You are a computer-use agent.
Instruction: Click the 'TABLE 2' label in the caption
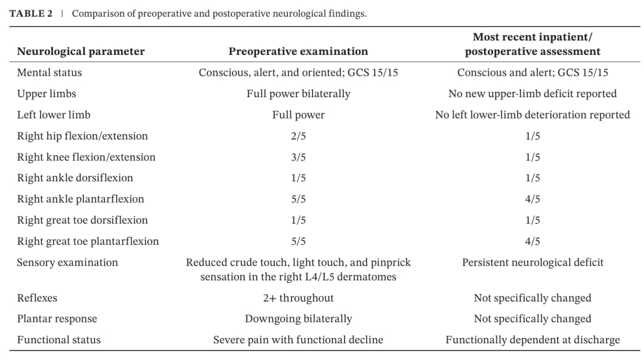coord(31,14)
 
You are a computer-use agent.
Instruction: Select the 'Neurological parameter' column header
coord(80,51)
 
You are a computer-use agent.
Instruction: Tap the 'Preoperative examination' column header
coord(298,51)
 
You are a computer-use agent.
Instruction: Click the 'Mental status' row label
coord(49,73)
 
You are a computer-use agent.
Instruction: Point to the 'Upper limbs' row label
coord(47,94)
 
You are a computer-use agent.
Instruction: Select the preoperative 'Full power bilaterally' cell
coord(298,94)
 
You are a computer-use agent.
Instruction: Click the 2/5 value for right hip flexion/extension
coord(298,136)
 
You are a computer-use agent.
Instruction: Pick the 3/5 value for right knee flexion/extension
coord(298,157)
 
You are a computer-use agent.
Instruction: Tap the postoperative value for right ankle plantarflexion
coord(532,199)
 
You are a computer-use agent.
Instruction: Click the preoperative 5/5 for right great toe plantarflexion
coord(298,241)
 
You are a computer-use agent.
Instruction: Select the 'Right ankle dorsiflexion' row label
coord(75,178)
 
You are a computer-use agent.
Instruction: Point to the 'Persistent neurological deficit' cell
coord(532,263)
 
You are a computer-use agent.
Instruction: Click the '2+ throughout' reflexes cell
coord(298,298)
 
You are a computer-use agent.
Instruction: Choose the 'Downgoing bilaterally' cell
coord(298,319)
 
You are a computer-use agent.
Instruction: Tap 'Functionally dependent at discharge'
coord(532,340)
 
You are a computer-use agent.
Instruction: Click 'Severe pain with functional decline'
coord(298,340)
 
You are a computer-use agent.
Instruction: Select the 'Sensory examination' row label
coord(67,263)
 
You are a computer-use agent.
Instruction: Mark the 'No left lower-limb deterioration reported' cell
coord(532,115)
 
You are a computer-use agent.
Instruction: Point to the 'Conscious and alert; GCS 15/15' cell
coord(532,73)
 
